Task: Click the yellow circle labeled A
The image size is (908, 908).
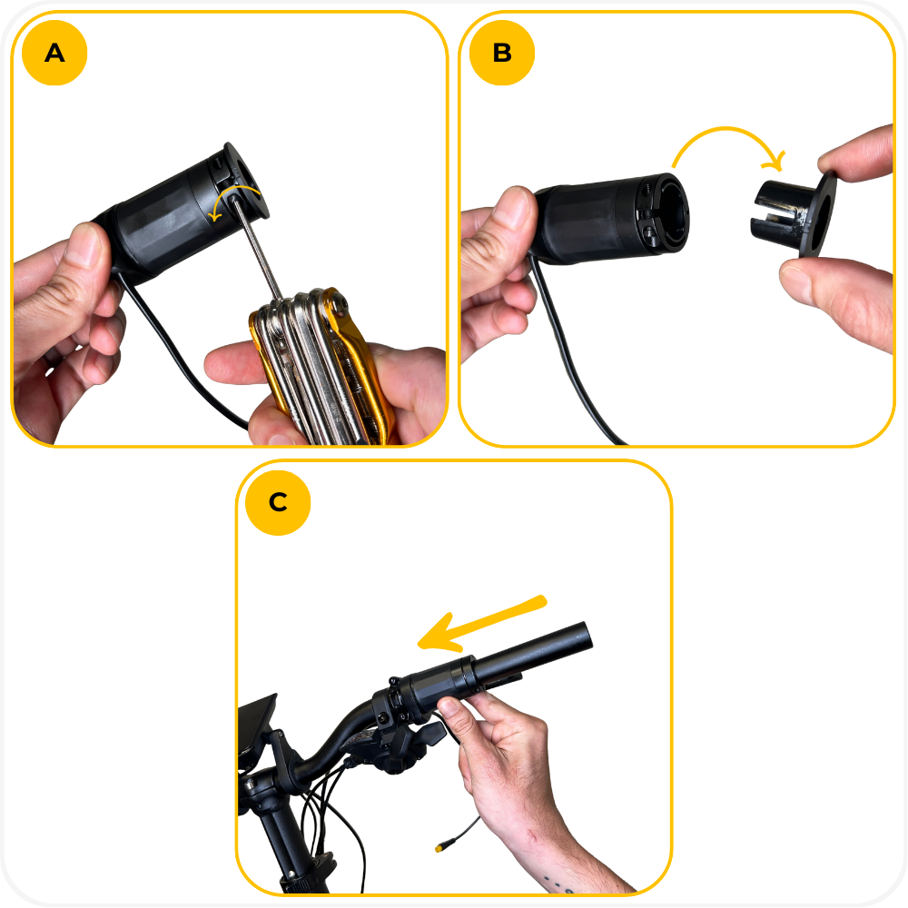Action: point(54,53)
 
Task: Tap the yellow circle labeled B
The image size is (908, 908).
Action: point(502,53)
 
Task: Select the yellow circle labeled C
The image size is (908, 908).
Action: point(278,502)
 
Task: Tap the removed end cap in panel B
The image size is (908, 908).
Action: point(794,214)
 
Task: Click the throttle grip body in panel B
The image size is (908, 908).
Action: point(608,219)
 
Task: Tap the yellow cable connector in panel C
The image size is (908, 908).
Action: point(440,848)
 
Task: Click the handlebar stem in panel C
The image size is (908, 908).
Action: point(283,834)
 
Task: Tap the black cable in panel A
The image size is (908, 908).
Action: point(173,348)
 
